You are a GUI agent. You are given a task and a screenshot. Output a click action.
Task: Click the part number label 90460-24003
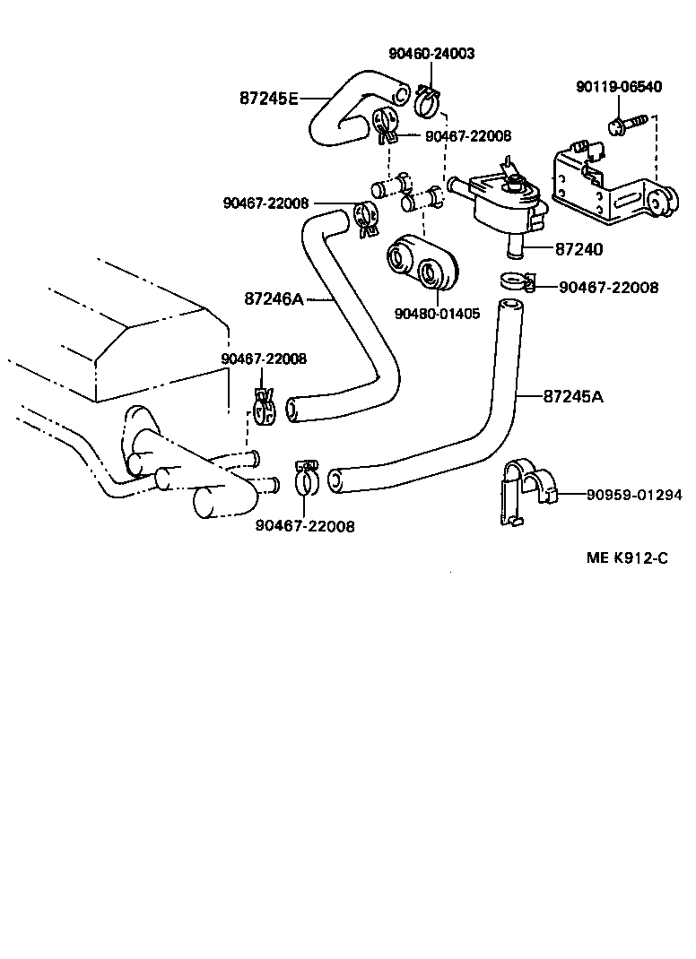pyautogui.click(x=431, y=54)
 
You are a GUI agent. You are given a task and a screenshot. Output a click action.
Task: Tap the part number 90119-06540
pyautogui.click(x=618, y=87)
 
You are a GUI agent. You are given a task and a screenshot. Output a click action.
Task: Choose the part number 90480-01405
pyautogui.click(x=437, y=314)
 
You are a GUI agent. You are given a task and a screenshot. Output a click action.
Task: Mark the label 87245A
pyautogui.click(x=572, y=395)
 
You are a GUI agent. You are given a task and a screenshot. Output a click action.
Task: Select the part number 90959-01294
pyautogui.click(x=634, y=494)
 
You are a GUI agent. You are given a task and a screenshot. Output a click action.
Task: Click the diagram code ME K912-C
pyautogui.click(x=627, y=557)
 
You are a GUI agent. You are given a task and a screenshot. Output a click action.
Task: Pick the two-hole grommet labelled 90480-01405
pyautogui.click(x=422, y=261)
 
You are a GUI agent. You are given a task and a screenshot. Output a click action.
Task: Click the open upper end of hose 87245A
pyautogui.click(x=510, y=311)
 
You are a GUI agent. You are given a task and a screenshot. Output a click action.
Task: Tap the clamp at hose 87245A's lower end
pyautogui.click(x=305, y=479)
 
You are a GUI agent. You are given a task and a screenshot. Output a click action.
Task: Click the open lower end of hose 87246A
pyautogui.click(x=292, y=410)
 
